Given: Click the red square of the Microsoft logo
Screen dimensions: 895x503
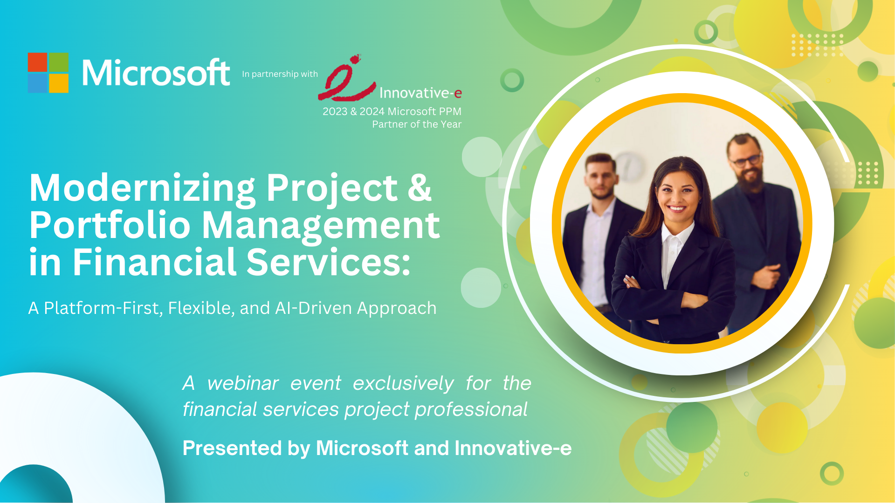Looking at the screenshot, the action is (38, 62).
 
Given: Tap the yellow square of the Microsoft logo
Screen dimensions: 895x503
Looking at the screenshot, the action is (59, 83).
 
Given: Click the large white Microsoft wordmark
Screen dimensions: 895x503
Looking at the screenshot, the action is (156, 73).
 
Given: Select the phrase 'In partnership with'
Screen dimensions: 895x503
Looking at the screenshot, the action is (280, 74).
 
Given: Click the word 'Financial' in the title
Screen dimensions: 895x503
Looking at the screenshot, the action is (154, 262).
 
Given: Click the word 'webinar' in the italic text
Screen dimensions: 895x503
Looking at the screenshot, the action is (243, 383).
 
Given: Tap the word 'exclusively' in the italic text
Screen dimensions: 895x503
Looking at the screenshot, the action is (403, 384).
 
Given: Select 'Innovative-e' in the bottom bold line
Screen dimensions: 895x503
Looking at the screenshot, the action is (513, 448).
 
